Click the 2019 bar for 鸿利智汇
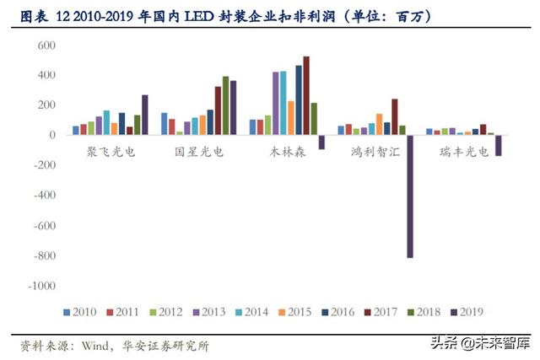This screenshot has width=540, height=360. (x=409, y=196)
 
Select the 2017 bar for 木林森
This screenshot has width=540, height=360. (x=305, y=95)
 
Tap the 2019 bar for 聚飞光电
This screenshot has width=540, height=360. (x=145, y=115)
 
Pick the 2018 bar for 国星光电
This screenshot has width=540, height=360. (x=225, y=105)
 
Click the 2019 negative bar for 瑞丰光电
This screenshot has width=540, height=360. (x=498, y=145)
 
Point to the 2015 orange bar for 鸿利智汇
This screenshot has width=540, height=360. (x=379, y=124)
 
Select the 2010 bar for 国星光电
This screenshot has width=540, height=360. (x=164, y=124)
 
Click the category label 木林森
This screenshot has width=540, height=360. (x=286, y=153)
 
